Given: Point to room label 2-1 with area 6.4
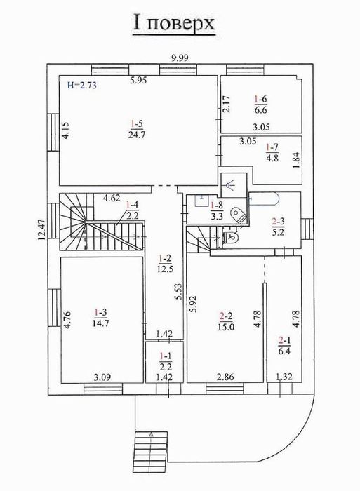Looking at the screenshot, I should pyautogui.click(x=284, y=346).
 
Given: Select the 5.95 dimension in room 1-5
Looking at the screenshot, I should pyautogui.click(x=137, y=80).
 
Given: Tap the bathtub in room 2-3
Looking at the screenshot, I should pyautogui.click(x=272, y=198).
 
